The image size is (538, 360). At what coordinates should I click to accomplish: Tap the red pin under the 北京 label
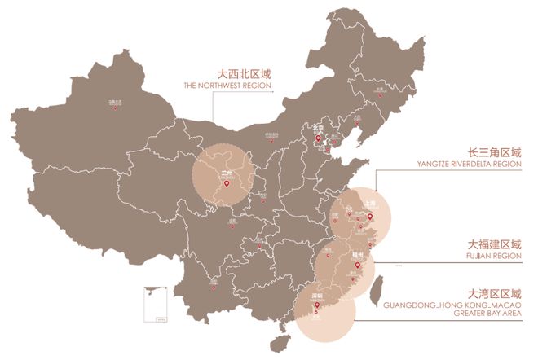pos(318,138)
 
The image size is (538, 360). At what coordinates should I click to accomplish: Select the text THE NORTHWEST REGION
pos(228,85)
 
